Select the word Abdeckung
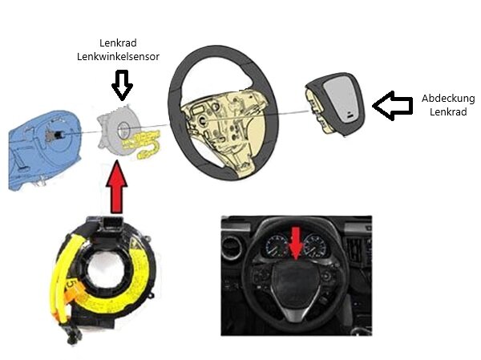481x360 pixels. [448, 99]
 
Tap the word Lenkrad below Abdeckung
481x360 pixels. [448, 113]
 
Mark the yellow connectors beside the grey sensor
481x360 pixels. [144, 146]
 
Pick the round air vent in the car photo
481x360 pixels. [232, 249]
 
